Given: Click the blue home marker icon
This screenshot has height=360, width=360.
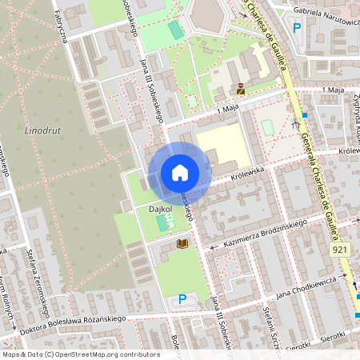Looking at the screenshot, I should (179, 173).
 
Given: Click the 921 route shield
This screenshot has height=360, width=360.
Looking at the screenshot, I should (339, 250).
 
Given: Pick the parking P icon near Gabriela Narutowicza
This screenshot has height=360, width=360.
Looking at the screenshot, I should (297, 28).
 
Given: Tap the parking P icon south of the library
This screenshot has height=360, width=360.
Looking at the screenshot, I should (182, 299).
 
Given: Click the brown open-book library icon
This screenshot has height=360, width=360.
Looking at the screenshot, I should (182, 242).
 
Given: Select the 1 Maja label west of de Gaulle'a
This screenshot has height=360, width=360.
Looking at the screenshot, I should (228, 109).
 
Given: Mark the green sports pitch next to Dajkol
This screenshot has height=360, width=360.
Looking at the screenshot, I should (164, 221).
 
